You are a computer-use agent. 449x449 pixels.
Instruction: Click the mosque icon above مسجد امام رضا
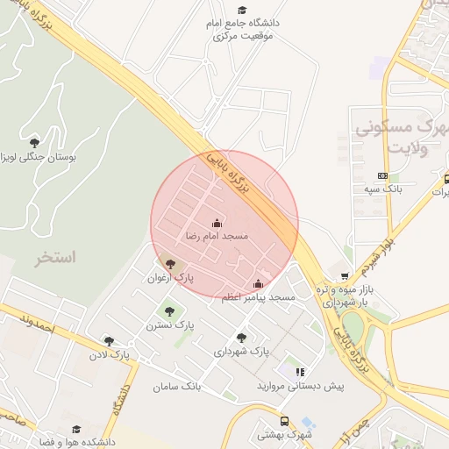pyautogui.click(x=217, y=224)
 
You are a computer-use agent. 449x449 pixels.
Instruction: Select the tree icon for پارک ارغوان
pyautogui.click(x=170, y=264)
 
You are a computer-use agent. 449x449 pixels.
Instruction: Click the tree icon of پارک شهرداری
pyautogui.click(x=241, y=338)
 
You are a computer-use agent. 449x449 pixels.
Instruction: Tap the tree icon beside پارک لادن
pyautogui.click(x=109, y=341)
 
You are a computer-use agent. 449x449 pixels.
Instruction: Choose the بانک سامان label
pyautogui.click(x=177, y=387)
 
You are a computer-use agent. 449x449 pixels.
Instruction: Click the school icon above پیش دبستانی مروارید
pyautogui.click(x=300, y=372)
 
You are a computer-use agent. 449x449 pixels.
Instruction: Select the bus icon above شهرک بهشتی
pyautogui.click(x=283, y=421)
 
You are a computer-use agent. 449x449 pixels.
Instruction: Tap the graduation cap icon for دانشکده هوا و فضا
pyautogui.click(x=76, y=430)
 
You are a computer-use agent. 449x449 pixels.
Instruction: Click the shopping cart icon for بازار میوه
pyautogui.click(x=345, y=276)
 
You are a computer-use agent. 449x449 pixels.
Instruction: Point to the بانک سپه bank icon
pyautogui.click(x=381, y=176)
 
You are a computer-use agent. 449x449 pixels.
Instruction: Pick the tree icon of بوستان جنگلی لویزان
pyautogui.click(x=34, y=142)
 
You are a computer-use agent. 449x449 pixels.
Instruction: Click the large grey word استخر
pyautogui.click(x=55, y=257)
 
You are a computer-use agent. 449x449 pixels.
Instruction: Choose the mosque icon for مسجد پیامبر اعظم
pyautogui.click(x=258, y=283)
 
